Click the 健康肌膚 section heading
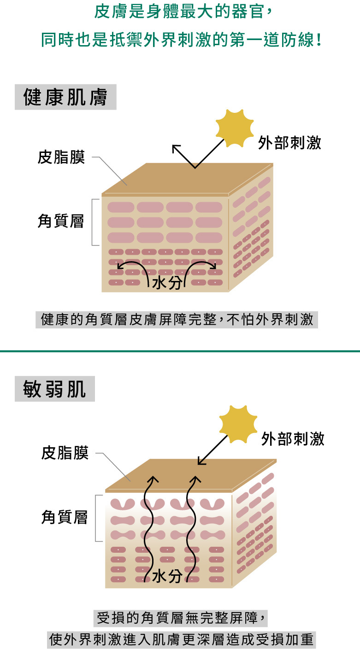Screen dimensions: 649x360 click(x=65, y=98)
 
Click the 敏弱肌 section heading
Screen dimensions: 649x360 click(x=54, y=389)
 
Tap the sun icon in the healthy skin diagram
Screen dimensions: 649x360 click(x=235, y=128)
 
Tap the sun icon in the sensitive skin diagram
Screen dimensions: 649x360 click(x=238, y=422)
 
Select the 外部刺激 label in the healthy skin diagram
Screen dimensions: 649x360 click(x=289, y=143)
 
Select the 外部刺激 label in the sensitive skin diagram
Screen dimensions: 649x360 click(x=293, y=439)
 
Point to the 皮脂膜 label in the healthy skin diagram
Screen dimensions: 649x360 click(x=61, y=158)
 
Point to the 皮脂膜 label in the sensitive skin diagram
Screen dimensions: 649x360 click(x=65, y=453)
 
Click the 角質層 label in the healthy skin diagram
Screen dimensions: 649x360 click(x=61, y=222)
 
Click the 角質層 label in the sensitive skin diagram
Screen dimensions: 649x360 click(x=65, y=517)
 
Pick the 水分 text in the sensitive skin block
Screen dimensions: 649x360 click(x=167, y=576)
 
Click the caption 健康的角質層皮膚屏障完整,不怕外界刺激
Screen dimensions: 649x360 click(x=177, y=320)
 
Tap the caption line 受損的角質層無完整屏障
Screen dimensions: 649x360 click(x=181, y=618)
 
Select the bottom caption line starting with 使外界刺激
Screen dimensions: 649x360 click(x=181, y=640)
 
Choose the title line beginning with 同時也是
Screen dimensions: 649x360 click(x=180, y=40)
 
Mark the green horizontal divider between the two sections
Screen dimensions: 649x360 click(x=180, y=351)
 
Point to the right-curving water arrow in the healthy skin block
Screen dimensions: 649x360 click(x=201, y=268)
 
